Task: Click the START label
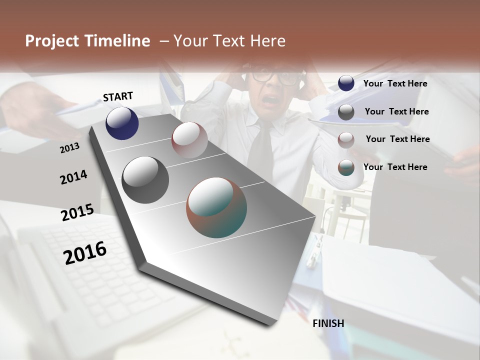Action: click(118, 96)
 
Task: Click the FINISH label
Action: click(328, 323)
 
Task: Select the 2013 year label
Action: click(69, 147)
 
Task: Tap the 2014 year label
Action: click(73, 177)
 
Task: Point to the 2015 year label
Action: click(77, 212)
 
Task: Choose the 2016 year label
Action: click(85, 252)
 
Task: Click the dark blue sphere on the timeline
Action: click(122, 123)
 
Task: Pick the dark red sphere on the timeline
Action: click(189, 139)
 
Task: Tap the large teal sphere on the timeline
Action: click(216, 207)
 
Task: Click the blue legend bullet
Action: click(346, 83)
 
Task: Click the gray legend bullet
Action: click(346, 112)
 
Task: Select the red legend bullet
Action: click(346, 139)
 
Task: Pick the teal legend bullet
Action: click(346, 167)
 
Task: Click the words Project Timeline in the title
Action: click(87, 41)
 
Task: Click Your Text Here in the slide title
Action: click(229, 41)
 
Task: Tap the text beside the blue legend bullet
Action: click(395, 83)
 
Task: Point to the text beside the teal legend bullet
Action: click(395, 167)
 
